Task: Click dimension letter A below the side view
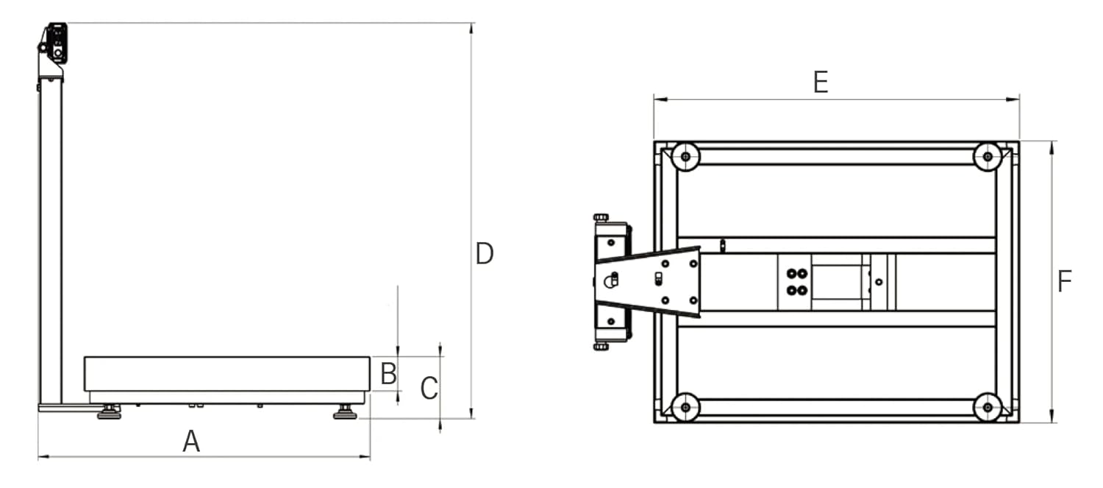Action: [x=191, y=442]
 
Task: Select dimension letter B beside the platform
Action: [x=388, y=374]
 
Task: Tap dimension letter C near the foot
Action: [x=429, y=389]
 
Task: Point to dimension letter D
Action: [x=485, y=254]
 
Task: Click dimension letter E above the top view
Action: [x=821, y=82]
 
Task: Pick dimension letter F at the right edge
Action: [x=1064, y=282]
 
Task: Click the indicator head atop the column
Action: [x=55, y=44]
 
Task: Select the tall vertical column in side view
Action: [x=50, y=243]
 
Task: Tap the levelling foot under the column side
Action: [x=110, y=412]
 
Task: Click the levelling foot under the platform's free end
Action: [x=344, y=412]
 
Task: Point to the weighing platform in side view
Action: [x=226, y=374]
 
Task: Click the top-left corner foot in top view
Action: [x=685, y=156]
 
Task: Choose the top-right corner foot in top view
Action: [x=987, y=156]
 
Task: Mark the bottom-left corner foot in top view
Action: [x=685, y=407]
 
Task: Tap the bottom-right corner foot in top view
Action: [x=987, y=407]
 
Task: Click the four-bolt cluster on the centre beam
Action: [x=794, y=281]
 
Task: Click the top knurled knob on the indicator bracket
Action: [x=601, y=217]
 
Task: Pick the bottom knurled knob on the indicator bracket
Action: [x=601, y=346]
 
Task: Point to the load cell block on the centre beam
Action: [x=838, y=282]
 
